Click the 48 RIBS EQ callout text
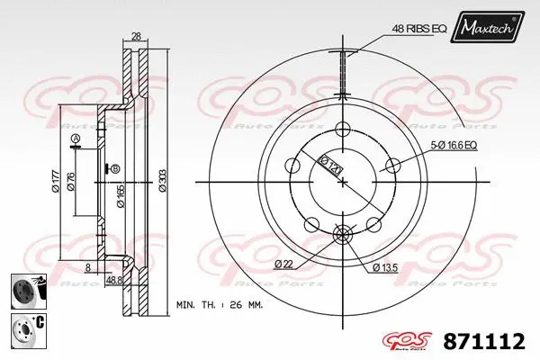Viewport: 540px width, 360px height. (x=420, y=28)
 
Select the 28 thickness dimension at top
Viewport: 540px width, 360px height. (x=136, y=36)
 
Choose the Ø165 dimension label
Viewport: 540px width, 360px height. (x=120, y=193)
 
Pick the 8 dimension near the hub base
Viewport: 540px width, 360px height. (x=86, y=267)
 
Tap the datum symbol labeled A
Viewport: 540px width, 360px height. (x=76, y=139)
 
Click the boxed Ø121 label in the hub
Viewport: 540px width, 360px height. (x=331, y=166)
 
